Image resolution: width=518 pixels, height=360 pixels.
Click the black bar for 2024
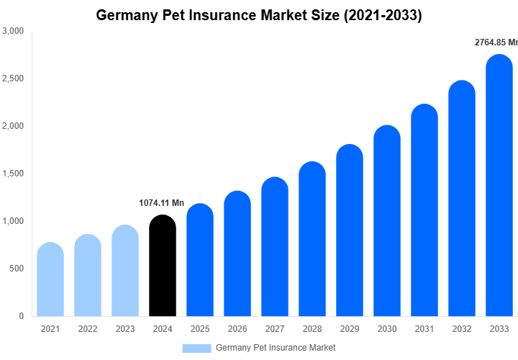[x=163, y=266]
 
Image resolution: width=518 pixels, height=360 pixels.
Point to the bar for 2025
[x=200, y=260]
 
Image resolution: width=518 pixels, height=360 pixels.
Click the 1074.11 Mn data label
[x=161, y=203]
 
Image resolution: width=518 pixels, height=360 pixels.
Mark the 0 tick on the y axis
[x=21, y=316]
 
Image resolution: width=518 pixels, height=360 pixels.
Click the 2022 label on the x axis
[x=88, y=329]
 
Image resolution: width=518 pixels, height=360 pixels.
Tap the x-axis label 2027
[x=275, y=329]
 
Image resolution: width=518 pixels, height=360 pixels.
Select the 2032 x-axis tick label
[x=462, y=329]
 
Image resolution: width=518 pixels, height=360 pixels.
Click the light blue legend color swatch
[x=196, y=348]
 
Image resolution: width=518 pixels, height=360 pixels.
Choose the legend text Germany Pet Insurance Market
[x=276, y=348]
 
